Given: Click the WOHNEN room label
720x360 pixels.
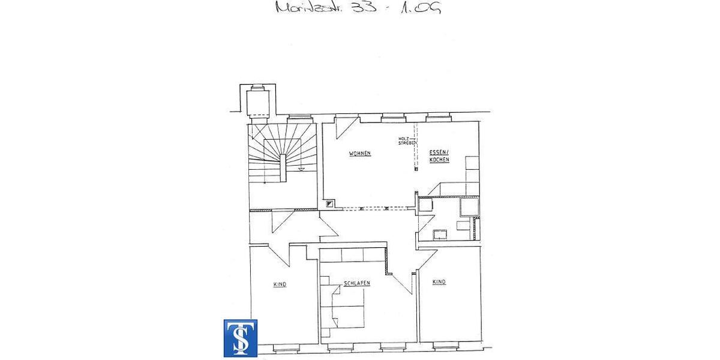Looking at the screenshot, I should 360,154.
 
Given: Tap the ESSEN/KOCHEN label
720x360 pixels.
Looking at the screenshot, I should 439,156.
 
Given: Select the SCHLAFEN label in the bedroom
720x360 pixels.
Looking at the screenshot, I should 356,283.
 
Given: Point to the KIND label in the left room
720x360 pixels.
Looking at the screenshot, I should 280,284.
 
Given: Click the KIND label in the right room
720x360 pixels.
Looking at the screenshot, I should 439,282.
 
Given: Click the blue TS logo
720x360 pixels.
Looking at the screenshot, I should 241,338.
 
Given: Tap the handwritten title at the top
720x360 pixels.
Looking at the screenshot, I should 358,8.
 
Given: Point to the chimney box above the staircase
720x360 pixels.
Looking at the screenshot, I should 258,101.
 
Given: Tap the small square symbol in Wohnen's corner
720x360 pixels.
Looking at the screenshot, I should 329,204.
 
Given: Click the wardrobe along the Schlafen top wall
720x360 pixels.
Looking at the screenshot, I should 352,256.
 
